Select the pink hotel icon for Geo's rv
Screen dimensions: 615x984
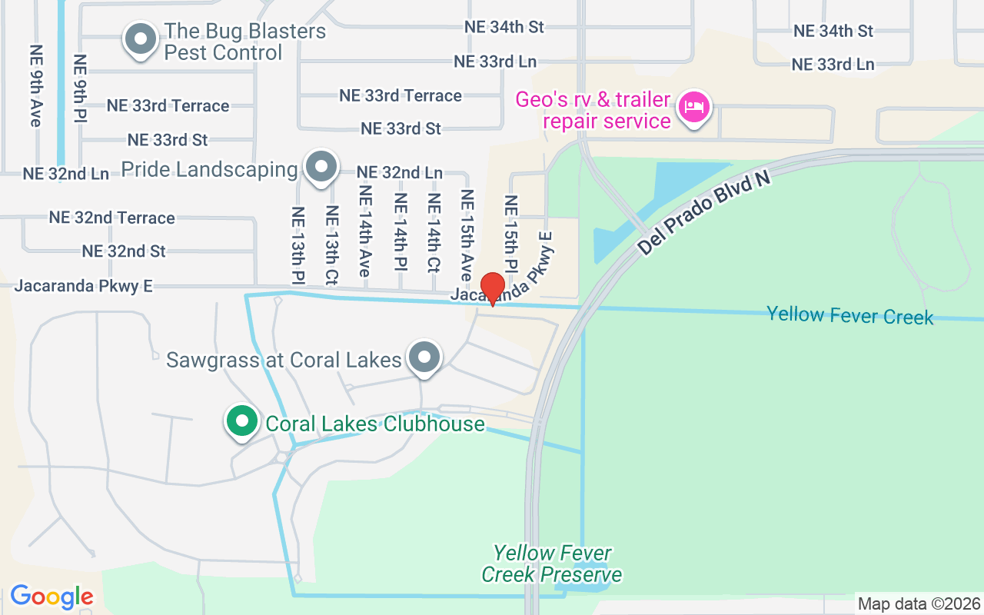tap(694, 108)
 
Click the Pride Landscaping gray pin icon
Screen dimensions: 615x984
tap(321, 167)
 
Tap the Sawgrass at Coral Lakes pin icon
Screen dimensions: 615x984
tap(424, 357)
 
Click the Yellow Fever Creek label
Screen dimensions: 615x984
tap(849, 315)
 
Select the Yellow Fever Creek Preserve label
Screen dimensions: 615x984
tap(551, 563)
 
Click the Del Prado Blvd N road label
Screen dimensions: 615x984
tap(703, 213)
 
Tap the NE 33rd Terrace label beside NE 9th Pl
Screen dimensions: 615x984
tap(168, 106)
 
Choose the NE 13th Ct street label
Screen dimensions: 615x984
tap(332, 245)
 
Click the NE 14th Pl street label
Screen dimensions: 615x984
tap(401, 231)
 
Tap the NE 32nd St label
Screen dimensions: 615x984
tap(124, 251)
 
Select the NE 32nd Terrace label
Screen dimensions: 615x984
tap(112, 218)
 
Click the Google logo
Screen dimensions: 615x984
tap(52, 597)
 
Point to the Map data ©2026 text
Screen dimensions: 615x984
tap(919, 604)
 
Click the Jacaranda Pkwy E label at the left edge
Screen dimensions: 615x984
tap(84, 287)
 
